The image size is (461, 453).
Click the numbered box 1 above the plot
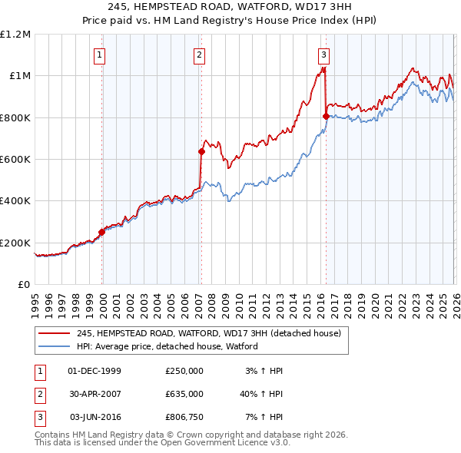[101, 55]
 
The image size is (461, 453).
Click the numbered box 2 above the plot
[199, 55]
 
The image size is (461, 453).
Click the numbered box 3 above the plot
[324, 55]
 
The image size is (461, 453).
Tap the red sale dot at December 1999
[101, 232]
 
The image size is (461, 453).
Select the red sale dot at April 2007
[201, 152]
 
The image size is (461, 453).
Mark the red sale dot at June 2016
[326, 116]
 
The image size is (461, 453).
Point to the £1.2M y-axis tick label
[15, 35]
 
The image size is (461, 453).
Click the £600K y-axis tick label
[15, 160]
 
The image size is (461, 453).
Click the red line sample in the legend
[55, 333]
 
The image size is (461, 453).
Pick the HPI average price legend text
[167, 346]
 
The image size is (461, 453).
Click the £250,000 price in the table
[184, 371]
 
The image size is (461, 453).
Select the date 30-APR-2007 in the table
[95, 394]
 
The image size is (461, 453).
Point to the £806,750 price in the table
[184, 417]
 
